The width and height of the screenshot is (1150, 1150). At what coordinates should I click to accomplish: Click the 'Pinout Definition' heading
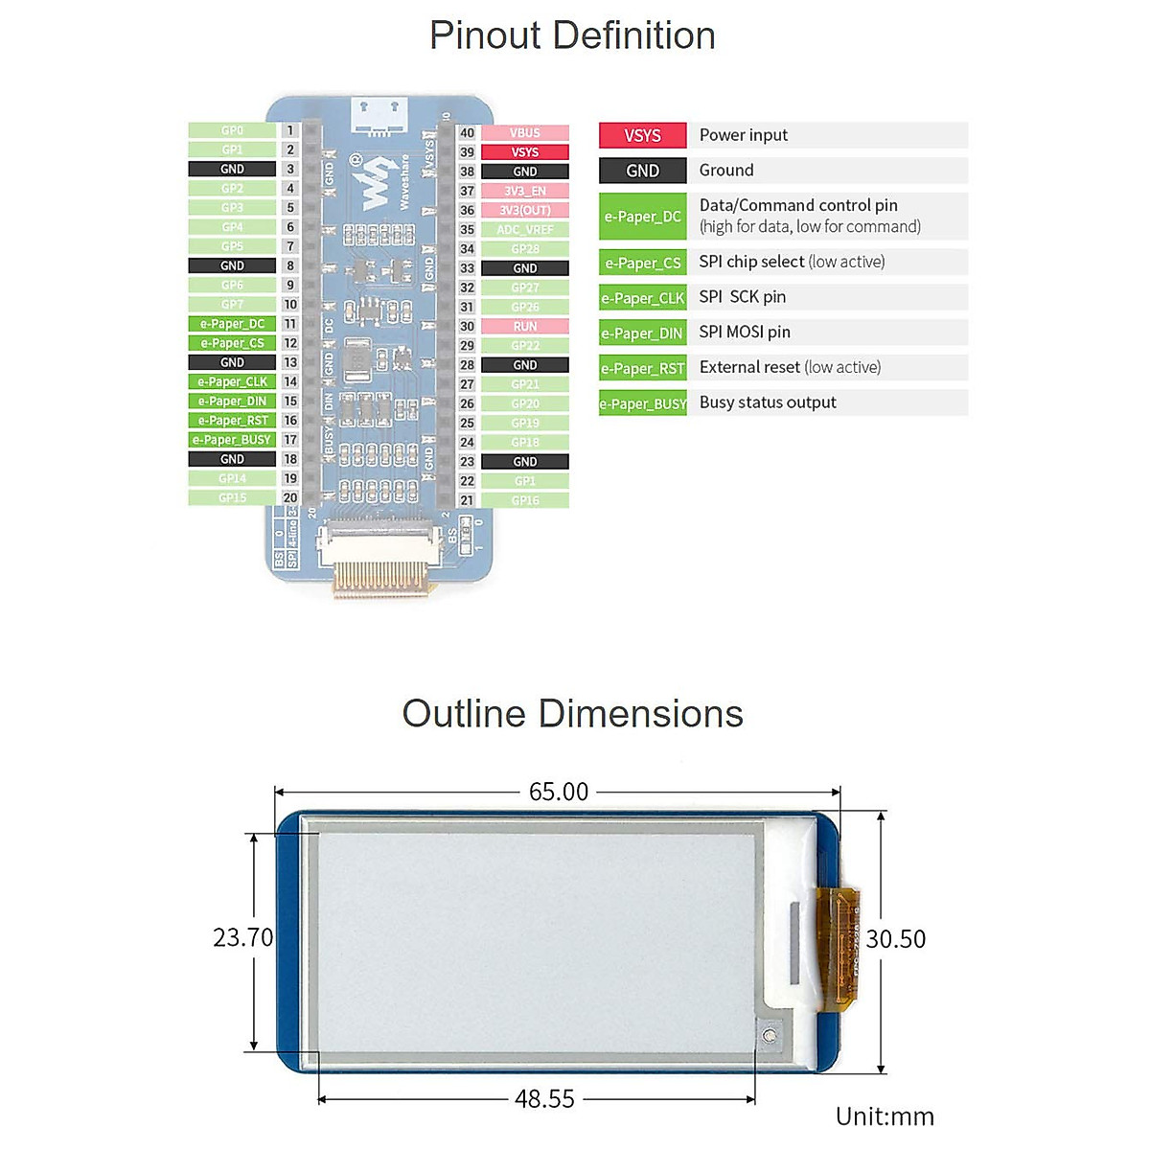(x=572, y=35)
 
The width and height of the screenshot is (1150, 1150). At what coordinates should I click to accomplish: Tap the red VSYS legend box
(x=642, y=135)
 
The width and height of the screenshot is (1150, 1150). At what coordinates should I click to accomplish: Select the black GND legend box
(x=642, y=171)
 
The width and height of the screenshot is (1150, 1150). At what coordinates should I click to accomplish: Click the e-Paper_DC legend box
(x=642, y=217)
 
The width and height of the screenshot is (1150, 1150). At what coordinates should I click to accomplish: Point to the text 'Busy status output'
(x=768, y=402)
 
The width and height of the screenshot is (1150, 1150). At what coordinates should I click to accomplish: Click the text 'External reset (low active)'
(x=790, y=367)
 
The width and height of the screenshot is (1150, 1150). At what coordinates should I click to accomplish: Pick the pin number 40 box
(x=467, y=133)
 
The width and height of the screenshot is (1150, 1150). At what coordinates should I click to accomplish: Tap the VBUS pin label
(x=524, y=133)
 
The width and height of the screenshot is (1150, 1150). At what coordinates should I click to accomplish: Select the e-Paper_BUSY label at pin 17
(x=232, y=440)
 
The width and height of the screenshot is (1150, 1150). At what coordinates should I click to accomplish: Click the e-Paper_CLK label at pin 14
(x=232, y=381)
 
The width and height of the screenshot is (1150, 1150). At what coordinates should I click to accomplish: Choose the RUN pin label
(x=524, y=326)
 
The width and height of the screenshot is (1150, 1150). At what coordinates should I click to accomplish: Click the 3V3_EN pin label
(x=524, y=191)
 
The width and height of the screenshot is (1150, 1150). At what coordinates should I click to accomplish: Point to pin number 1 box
(x=290, y=130)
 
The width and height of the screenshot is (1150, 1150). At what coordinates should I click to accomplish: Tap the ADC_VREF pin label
(x=524, y=229)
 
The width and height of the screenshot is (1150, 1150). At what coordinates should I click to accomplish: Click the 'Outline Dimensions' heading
(x=572, y=714)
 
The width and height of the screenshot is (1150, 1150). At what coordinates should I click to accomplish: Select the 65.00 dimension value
(x=559, y=792)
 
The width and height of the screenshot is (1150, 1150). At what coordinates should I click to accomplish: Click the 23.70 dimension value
(x=242, y=937)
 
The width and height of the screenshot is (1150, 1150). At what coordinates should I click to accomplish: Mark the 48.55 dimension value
(x=544, y=1099)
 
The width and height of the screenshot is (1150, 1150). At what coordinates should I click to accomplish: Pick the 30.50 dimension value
(x=896, y=939)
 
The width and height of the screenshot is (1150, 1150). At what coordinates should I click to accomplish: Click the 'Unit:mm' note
(x=884, y=1116)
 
